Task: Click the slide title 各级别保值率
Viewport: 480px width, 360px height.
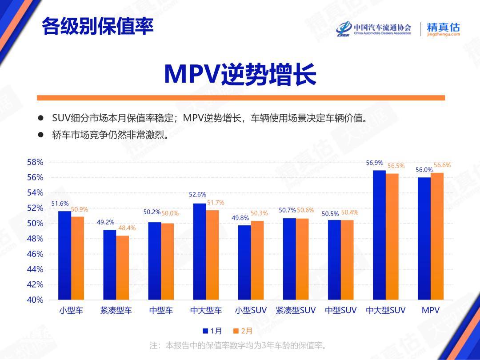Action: pyautogui.click(x=97, y=26)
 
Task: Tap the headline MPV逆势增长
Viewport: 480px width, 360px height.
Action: pyautogui.click(x=240, y=74)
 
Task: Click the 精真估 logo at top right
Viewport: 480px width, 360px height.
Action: pyautogui.click(x=443, y=29)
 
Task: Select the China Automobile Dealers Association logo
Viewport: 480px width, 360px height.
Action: pyautogui.click(x=373, y=29)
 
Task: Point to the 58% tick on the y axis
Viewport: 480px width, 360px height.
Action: pyautogui.click(x=35, y=162)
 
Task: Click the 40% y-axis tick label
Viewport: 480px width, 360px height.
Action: pyautogui.click(x=35, y=300)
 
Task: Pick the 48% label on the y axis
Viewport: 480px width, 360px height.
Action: pyautogui.click(x=35, y=239)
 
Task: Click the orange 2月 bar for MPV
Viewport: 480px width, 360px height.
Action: pyautogui.click(x=437, y=236)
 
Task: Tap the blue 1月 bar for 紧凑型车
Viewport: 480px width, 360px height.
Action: pyautogui.click(x=110, y=264)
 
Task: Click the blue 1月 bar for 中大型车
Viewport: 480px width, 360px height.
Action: pyautogui.click(x=200, y=252)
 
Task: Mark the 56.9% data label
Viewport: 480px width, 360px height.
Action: pyautogui.click(x=374, y=163)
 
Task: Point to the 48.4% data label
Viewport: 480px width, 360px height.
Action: pyautogui.click(x=127, y=228)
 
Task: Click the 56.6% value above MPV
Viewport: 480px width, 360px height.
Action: pyautogui.click(x=442, y=165)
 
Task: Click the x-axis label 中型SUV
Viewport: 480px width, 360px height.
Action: pyautogui.click(x=340, y=310)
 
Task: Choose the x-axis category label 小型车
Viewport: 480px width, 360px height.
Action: pyautogui.click(x=71, y=310)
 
